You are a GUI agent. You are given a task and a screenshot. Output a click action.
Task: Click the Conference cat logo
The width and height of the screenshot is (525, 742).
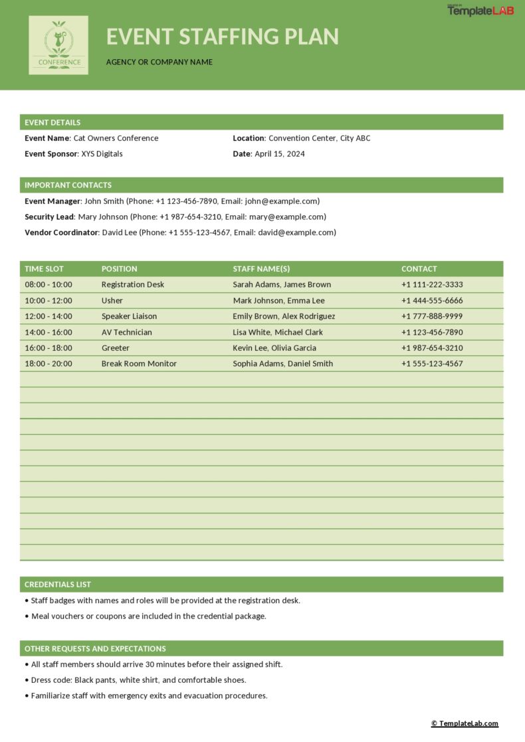pos(58,45)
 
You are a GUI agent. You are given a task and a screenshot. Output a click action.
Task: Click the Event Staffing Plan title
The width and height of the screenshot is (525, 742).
pos(223,36)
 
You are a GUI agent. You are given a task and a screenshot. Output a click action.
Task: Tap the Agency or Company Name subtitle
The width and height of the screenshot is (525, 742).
pos(159,62)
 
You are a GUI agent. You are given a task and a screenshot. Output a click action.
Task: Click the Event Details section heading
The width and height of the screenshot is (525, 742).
pos(52,122)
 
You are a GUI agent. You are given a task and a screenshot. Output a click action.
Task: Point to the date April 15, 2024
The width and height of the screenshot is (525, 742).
pos(280,153)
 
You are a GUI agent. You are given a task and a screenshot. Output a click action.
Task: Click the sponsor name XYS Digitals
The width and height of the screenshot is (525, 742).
pos(102,153)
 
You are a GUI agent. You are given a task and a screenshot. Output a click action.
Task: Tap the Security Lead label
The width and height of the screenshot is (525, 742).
pos(49,217)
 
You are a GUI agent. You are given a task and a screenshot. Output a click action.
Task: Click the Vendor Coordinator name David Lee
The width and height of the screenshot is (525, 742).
pos(119,232)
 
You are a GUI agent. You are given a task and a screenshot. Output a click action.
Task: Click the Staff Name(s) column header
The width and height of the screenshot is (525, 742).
pos(261,269)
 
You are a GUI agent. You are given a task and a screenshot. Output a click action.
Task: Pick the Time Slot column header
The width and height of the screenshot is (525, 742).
pos(45,269)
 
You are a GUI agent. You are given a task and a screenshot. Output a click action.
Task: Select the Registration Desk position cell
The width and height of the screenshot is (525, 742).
pos(133,284)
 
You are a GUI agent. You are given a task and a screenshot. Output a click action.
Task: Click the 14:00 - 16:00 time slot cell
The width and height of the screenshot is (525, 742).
pos(49,332)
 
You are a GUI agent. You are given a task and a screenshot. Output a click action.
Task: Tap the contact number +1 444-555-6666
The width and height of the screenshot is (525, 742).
pos(432,300)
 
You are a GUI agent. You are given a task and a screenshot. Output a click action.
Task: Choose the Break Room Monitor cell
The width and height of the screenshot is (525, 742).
pos(139,363)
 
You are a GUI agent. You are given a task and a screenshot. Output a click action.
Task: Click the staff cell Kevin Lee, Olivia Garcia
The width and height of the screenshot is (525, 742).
pos(274,347)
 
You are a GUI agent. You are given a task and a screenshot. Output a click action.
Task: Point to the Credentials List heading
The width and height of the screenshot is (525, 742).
pos(58,585)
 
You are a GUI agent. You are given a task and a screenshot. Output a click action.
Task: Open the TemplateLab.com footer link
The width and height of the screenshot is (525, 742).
pos(465,723)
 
